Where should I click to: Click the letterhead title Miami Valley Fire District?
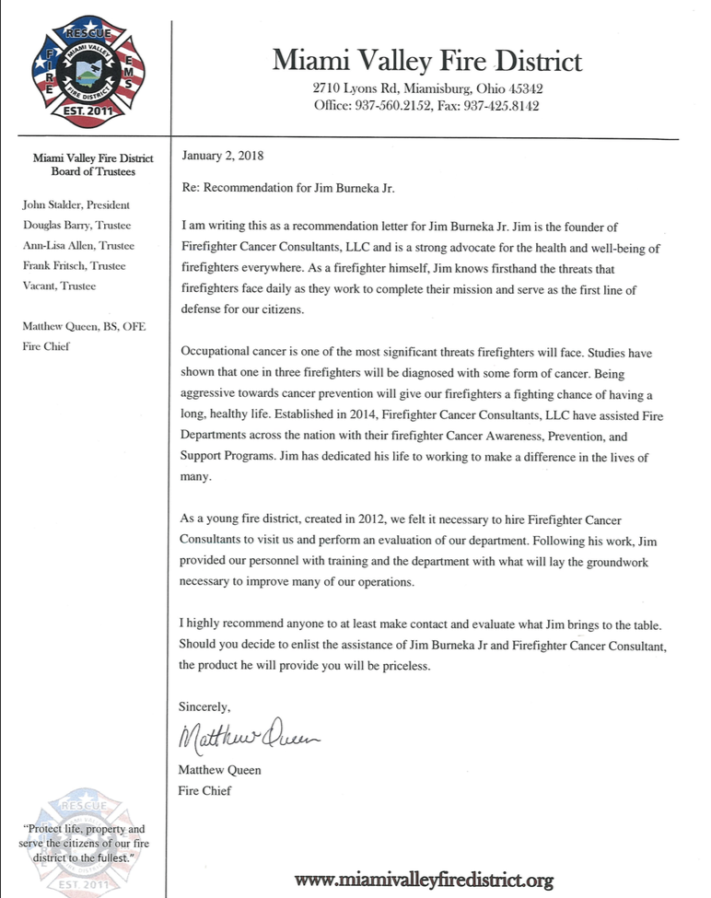click(426, 61)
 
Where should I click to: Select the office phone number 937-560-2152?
click(401, 106)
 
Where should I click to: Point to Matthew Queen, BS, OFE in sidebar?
click(78, 326)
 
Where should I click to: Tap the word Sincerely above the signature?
click(204, 706)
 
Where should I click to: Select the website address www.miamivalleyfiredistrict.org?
click(425, 880)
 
